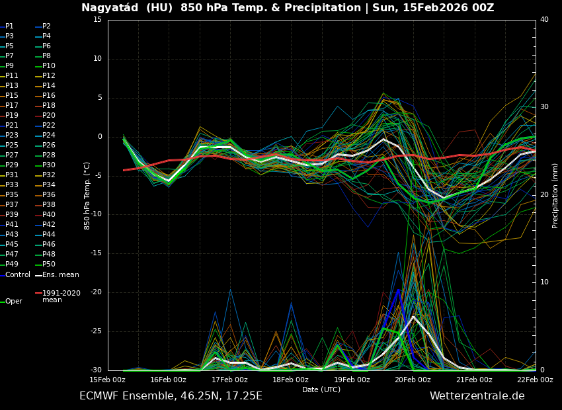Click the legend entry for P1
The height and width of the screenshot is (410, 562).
pyautogui.click(x=9, y=26)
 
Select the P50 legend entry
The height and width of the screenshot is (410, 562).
pyautogui.click(x=49, y=265)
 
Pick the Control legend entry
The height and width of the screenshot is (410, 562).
pyautogui.click(x=18, y=274)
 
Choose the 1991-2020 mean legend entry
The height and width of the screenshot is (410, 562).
pyautogui.click(x=61, y=296)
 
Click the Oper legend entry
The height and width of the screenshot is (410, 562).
pyautogui.click(x=13, y=301)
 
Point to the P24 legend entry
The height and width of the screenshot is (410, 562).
pyautogui.click(x=49, y=136)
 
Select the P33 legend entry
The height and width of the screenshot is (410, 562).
pyautogui.click(x=12, y=185)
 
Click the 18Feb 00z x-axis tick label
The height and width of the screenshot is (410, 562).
pyautogui.click(x=291, y=380)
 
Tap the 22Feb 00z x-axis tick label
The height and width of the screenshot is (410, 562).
pyautogui.click(x=535, y=380)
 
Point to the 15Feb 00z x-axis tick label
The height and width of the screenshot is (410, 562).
pyautogui.click(x=108, y=380)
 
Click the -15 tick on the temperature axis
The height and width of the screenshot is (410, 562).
pyautogui.click(x=97, y=253)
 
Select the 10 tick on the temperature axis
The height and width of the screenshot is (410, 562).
pyautogui.click(x=97, y=59)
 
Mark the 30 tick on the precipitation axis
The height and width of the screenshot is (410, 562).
pyautogui.click(x=544, y=107)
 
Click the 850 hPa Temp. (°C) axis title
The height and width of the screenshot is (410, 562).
pyautogui.click(x=87, y=196)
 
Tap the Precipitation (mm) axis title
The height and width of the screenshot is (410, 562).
pyautogui.click(x=555, y=195)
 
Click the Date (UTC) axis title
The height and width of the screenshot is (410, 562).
pyautogui.click(x=321, y=389)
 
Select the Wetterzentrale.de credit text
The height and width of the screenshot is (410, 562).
pyautogui.click(x=477, y=396)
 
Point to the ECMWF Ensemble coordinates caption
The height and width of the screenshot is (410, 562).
pyautogui.click(x=171, y=396)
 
